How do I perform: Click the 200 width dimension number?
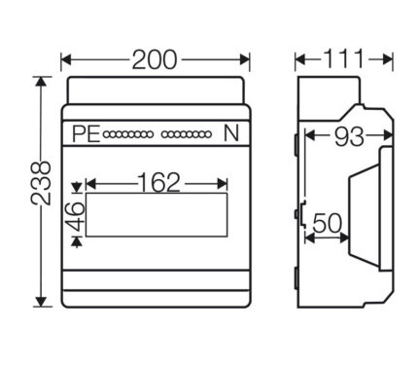[x=155, y=60]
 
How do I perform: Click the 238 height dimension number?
[x=41, y=184]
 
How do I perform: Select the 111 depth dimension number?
[x=344, y=59]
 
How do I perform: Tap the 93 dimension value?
[x=349, y=136]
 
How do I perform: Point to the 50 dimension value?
[x=328, y=223]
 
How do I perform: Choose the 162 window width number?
[x=158, y=182]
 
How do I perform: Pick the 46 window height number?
[x=75, y=216]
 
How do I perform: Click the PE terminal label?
[x=86, y=133]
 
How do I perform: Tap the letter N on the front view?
[x=231, y=133]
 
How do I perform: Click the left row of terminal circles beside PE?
[x=127, y=134]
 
